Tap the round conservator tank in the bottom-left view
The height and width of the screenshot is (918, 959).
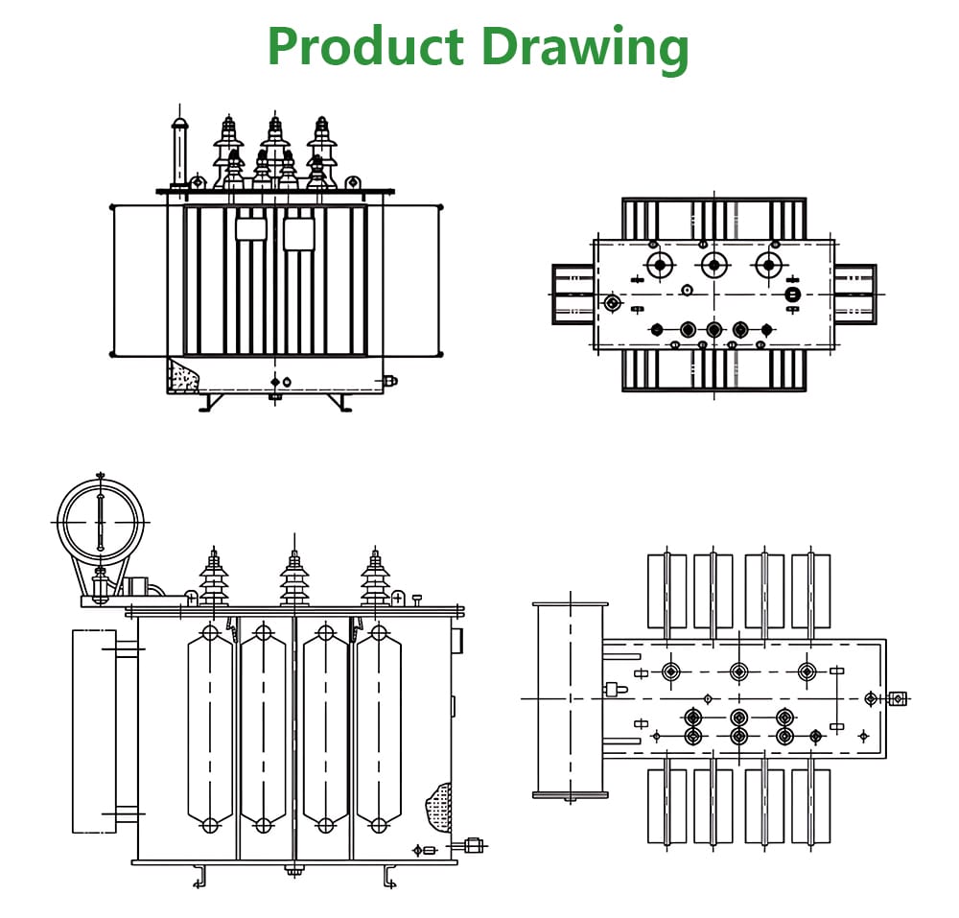pyautogui.click(x=100, y=522)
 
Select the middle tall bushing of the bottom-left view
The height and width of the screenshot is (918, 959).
pyautogui.click(x=294, y=576)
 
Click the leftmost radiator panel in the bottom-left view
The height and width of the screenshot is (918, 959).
pyautogui.click(x=210, y=729)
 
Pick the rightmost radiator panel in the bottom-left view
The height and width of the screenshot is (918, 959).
pyautogui.click(x=379, y=729)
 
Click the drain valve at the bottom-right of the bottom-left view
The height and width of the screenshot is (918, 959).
pyautogui.click(x=472, y=845)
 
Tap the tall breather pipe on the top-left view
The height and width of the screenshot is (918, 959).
pyautogui.click(x=178, y=153)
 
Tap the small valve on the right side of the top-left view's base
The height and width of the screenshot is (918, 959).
pyautogui.click(x=390, y=381)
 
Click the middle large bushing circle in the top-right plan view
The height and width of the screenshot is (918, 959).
pyautogui.click(x=713, y=265)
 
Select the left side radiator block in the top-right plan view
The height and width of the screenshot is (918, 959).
pyautogui.click(x=573, y=294)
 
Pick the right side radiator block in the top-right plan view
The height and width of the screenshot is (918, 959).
pyautogui.click(x=854, y=294)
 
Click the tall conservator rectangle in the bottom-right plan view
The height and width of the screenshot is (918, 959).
pyautogui.click(x=571, y=699)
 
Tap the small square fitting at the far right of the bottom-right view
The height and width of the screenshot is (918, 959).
pyautogui.click(x=898, y=698)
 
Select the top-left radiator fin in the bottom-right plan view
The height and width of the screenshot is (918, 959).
pyautogui.click(x=667, y=591)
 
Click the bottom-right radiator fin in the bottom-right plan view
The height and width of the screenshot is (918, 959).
pyautogui.click(x=810, y=806)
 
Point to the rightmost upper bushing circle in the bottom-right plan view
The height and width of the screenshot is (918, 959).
pyautogui.click(x=807, y=671)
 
